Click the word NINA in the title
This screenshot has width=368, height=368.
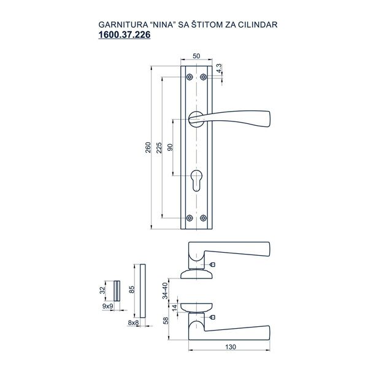point(162,25)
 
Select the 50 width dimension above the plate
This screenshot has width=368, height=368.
point(196,56)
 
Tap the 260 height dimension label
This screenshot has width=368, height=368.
point(148,150)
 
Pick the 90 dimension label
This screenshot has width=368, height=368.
point(171,147)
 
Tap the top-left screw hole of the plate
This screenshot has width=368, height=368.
point(190,77)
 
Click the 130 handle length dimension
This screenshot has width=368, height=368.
point(229,347)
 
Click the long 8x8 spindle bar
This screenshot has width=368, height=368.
point(142,288)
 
